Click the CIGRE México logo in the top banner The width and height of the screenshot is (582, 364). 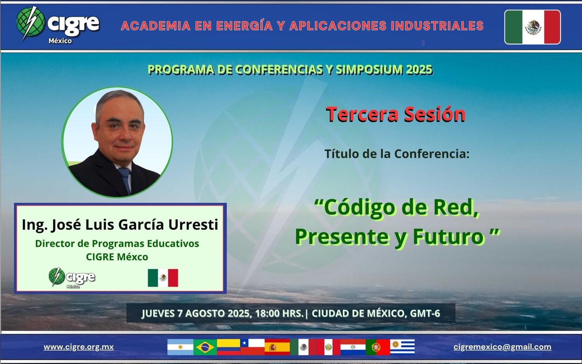(58, 25)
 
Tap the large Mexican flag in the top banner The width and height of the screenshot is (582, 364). (532, 27)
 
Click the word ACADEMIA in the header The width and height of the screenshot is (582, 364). (156, 26)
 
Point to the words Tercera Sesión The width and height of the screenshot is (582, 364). (396, 114)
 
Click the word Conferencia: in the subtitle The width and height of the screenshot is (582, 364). (432, 154)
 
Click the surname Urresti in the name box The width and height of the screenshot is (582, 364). (193, 224)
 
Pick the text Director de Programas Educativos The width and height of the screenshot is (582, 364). (117, 243)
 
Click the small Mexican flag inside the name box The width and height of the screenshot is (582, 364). (163, 278)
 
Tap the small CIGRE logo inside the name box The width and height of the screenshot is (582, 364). (72, 278)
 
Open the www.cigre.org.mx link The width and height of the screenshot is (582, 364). (79, 347)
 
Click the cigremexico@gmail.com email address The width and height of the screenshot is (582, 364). (502, 347)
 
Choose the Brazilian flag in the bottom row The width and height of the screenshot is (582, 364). (205, 347)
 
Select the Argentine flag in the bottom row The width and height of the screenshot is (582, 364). (181, 347)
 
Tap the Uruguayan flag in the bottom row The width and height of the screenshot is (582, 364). (402, 347)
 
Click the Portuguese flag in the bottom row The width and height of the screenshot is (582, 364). (378, 347)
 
